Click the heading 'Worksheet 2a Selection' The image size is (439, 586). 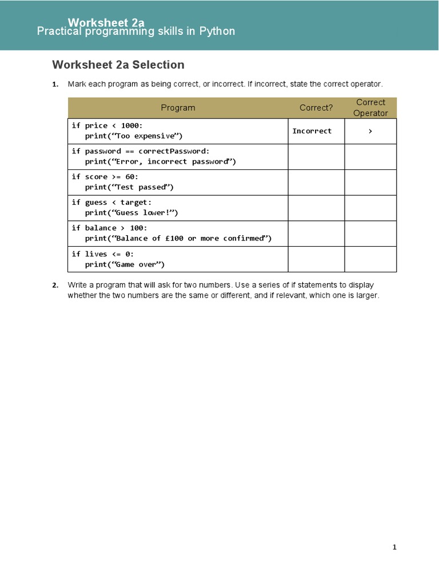[x=118, y=65]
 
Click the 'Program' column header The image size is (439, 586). [x=178, y=108]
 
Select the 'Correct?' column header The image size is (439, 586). [x=316, y=108]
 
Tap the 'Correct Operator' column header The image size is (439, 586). [x=370, y=108]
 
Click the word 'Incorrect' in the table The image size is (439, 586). [x=312, y=131]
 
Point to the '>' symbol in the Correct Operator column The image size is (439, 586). [x=370, y=131]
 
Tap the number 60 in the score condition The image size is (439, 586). [x=129, y=177]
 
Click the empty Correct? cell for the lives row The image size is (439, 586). [x=316, y=259]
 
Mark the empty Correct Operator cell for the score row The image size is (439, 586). [x=370, y=182]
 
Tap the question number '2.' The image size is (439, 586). [x=55, y=285]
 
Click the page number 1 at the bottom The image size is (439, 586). [x=394, y=547]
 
